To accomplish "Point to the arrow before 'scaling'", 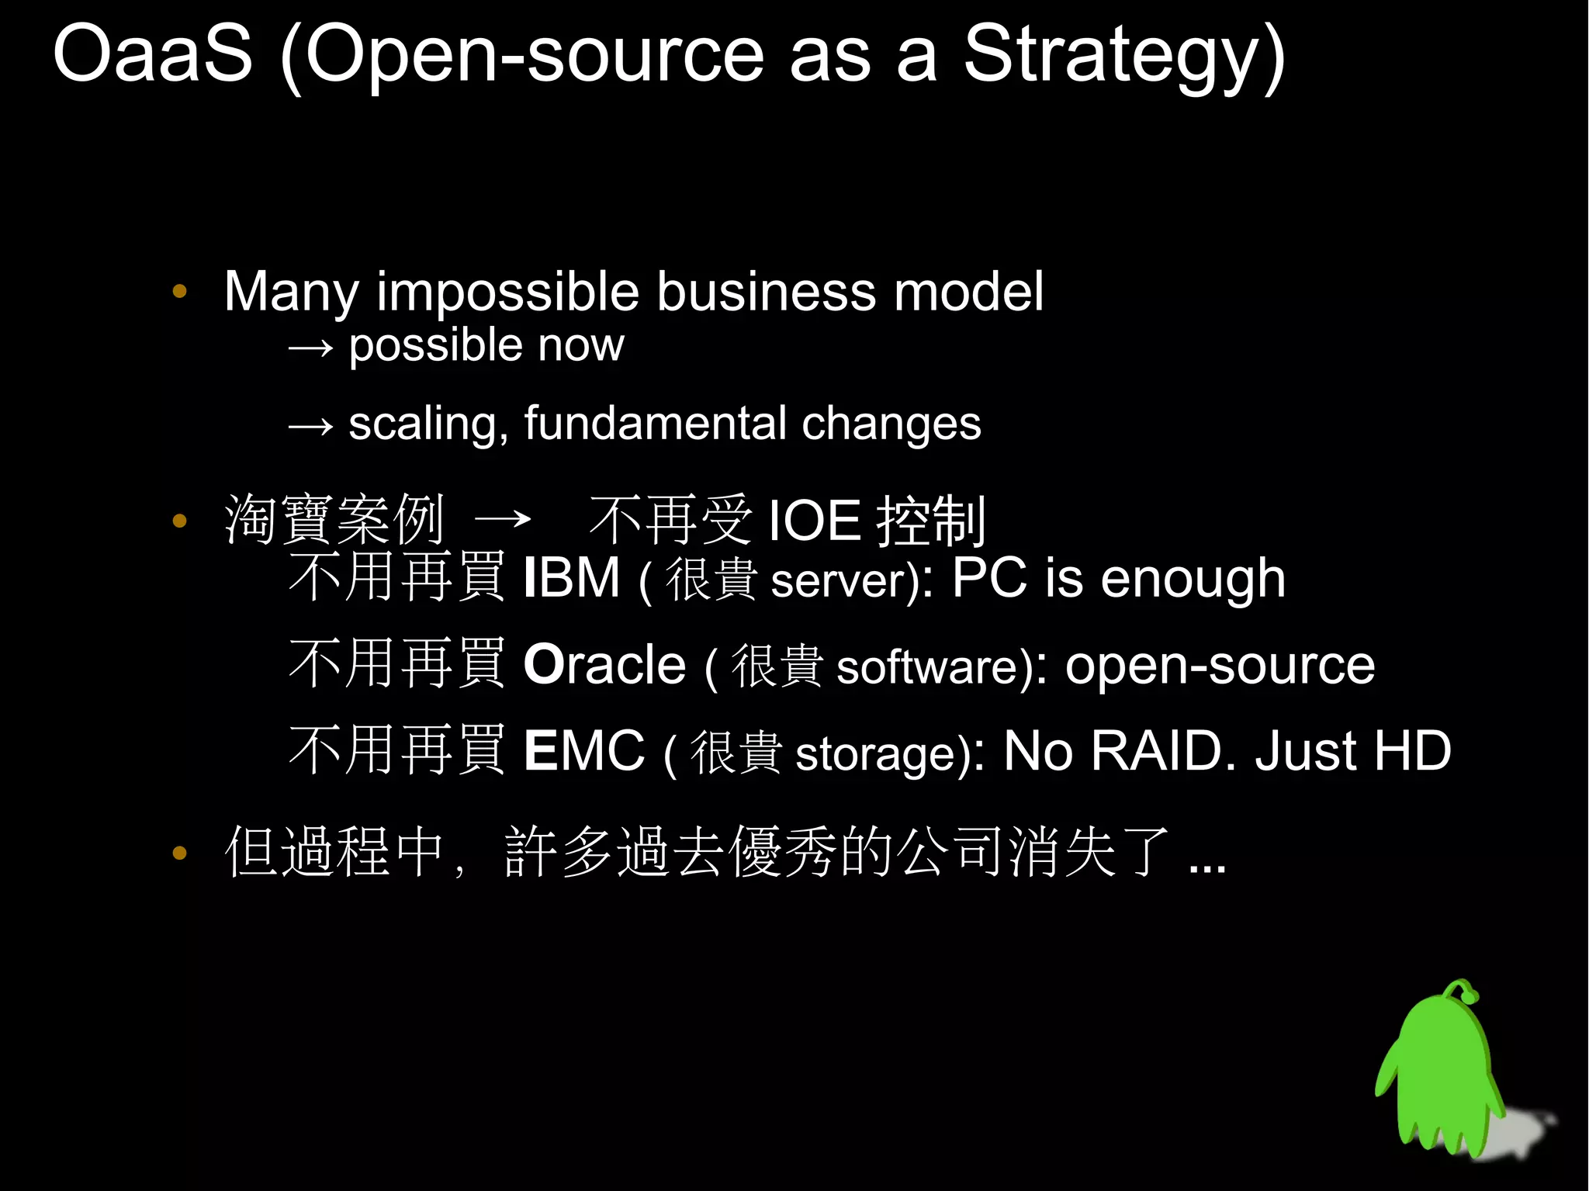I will point(310,426).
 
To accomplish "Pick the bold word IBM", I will point(572,578).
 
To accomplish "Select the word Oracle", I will point(604,665).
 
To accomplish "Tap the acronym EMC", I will point(583,751).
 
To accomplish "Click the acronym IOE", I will point(814,521).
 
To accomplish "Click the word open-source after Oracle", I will point(1220,666).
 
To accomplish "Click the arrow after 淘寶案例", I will point(503,519).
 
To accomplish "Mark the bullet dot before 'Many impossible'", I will point(180,292).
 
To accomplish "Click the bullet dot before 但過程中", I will point(180,853).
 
